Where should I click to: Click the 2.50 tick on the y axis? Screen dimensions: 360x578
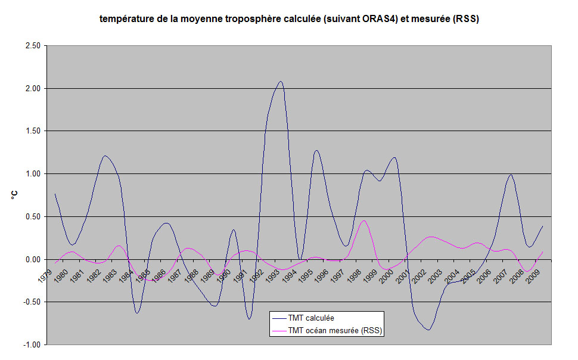[31, 46]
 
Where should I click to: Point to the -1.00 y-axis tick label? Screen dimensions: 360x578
[30, 345]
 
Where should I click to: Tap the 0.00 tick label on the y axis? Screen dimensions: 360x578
[31, 259]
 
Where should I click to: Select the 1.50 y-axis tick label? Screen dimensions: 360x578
[31, 131]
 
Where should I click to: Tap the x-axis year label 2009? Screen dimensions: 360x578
[535, 275]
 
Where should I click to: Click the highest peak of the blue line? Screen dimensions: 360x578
[280, 81]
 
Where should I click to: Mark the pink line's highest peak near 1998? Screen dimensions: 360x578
[364, 221]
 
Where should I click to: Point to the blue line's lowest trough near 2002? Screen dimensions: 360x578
[428, 330]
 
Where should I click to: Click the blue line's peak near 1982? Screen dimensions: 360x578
[105, 156]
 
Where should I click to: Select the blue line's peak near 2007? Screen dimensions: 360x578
[511, 175]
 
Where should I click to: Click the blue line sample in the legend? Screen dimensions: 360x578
[278, 318]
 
